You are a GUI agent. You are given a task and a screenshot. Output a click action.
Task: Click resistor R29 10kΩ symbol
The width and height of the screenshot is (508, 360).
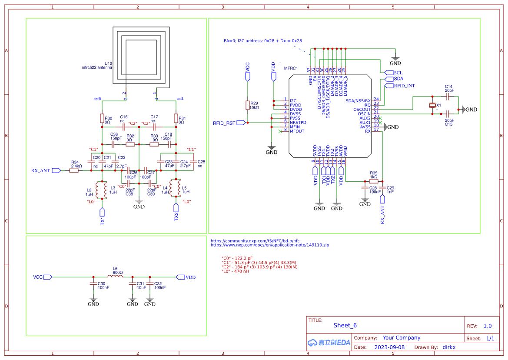pos(247,105)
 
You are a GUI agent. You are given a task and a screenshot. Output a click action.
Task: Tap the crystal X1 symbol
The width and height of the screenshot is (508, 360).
pos(432,105)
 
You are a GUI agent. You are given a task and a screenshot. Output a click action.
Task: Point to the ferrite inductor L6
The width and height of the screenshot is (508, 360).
pos(115,277)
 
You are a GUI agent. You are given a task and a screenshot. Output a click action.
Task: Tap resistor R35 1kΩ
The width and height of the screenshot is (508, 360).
pos(374,181)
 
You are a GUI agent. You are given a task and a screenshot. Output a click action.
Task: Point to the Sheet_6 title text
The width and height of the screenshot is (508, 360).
pos(345,325)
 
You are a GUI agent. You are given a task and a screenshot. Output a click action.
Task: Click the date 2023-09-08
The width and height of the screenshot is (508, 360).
pos(389,347)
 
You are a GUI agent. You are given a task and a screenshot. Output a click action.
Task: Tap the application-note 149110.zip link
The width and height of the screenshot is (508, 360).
pos(270,245)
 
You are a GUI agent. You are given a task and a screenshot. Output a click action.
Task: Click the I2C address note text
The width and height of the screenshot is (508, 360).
pos(262,40)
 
